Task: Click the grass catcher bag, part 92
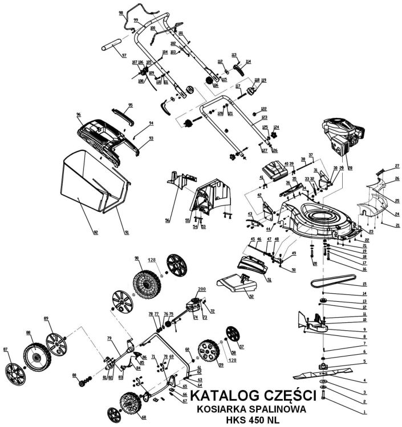[x=91, y=191]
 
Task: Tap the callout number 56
[x=167, y=220]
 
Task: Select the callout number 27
[x=397, y=166]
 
